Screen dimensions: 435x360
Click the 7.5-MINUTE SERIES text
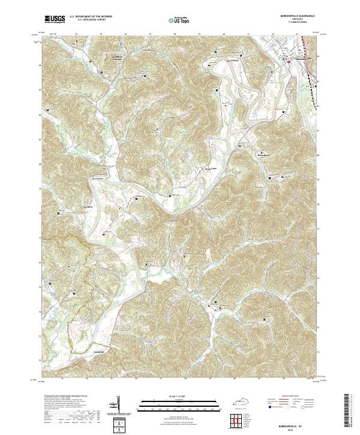point(295,23)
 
